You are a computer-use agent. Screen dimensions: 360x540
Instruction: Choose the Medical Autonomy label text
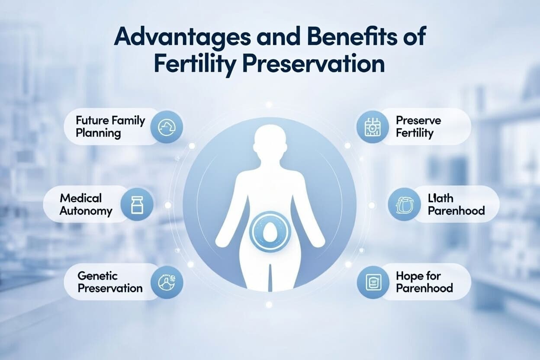point(86,205)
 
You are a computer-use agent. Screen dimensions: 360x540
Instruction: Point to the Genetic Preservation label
point(110,282)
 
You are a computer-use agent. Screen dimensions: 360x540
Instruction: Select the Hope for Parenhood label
point(424,282)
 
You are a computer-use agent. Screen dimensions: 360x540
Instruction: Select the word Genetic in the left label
point(98,275)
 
